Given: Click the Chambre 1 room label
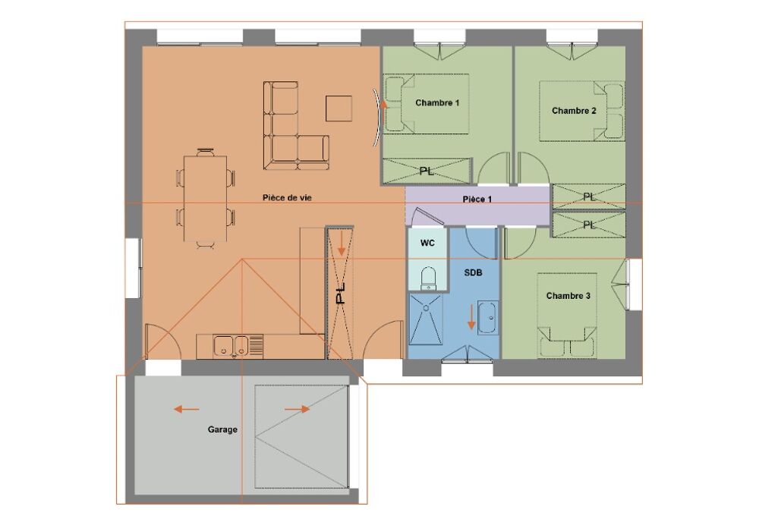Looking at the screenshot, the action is [437, 102].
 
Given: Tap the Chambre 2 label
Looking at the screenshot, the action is [574, 111].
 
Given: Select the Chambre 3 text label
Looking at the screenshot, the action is [568, 296].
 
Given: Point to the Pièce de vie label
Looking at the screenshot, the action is [287, 197].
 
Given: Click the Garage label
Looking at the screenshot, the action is [222, 429].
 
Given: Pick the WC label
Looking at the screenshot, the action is [427, 243].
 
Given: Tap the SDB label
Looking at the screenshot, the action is [473, 273].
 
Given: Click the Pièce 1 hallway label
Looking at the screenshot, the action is [477, 200].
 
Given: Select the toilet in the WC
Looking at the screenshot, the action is [428, 278].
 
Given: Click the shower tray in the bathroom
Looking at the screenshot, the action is [426, 319].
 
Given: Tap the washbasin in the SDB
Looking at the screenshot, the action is [487, 317].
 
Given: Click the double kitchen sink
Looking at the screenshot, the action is [231, 346].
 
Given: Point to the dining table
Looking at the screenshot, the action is [206, 198].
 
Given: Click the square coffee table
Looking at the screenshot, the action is [339, 108].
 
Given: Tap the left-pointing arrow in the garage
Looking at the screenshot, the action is [187, 410].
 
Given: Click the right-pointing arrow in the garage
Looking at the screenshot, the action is [298, 410].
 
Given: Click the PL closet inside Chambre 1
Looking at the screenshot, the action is [427, 171].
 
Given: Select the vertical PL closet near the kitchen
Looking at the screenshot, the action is [341, 293].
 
